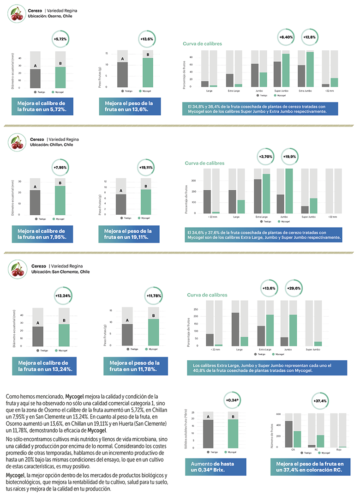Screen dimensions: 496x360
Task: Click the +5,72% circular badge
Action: coord(60,39)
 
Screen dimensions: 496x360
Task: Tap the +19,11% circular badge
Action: coord(147,167)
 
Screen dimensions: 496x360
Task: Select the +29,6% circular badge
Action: coord(294,288)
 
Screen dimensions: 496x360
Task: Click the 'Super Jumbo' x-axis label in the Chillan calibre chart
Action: coord(308,217)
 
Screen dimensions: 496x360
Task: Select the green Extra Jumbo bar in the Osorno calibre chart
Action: coord(310,69)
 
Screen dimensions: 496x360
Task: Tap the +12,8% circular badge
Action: coord(309,37)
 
